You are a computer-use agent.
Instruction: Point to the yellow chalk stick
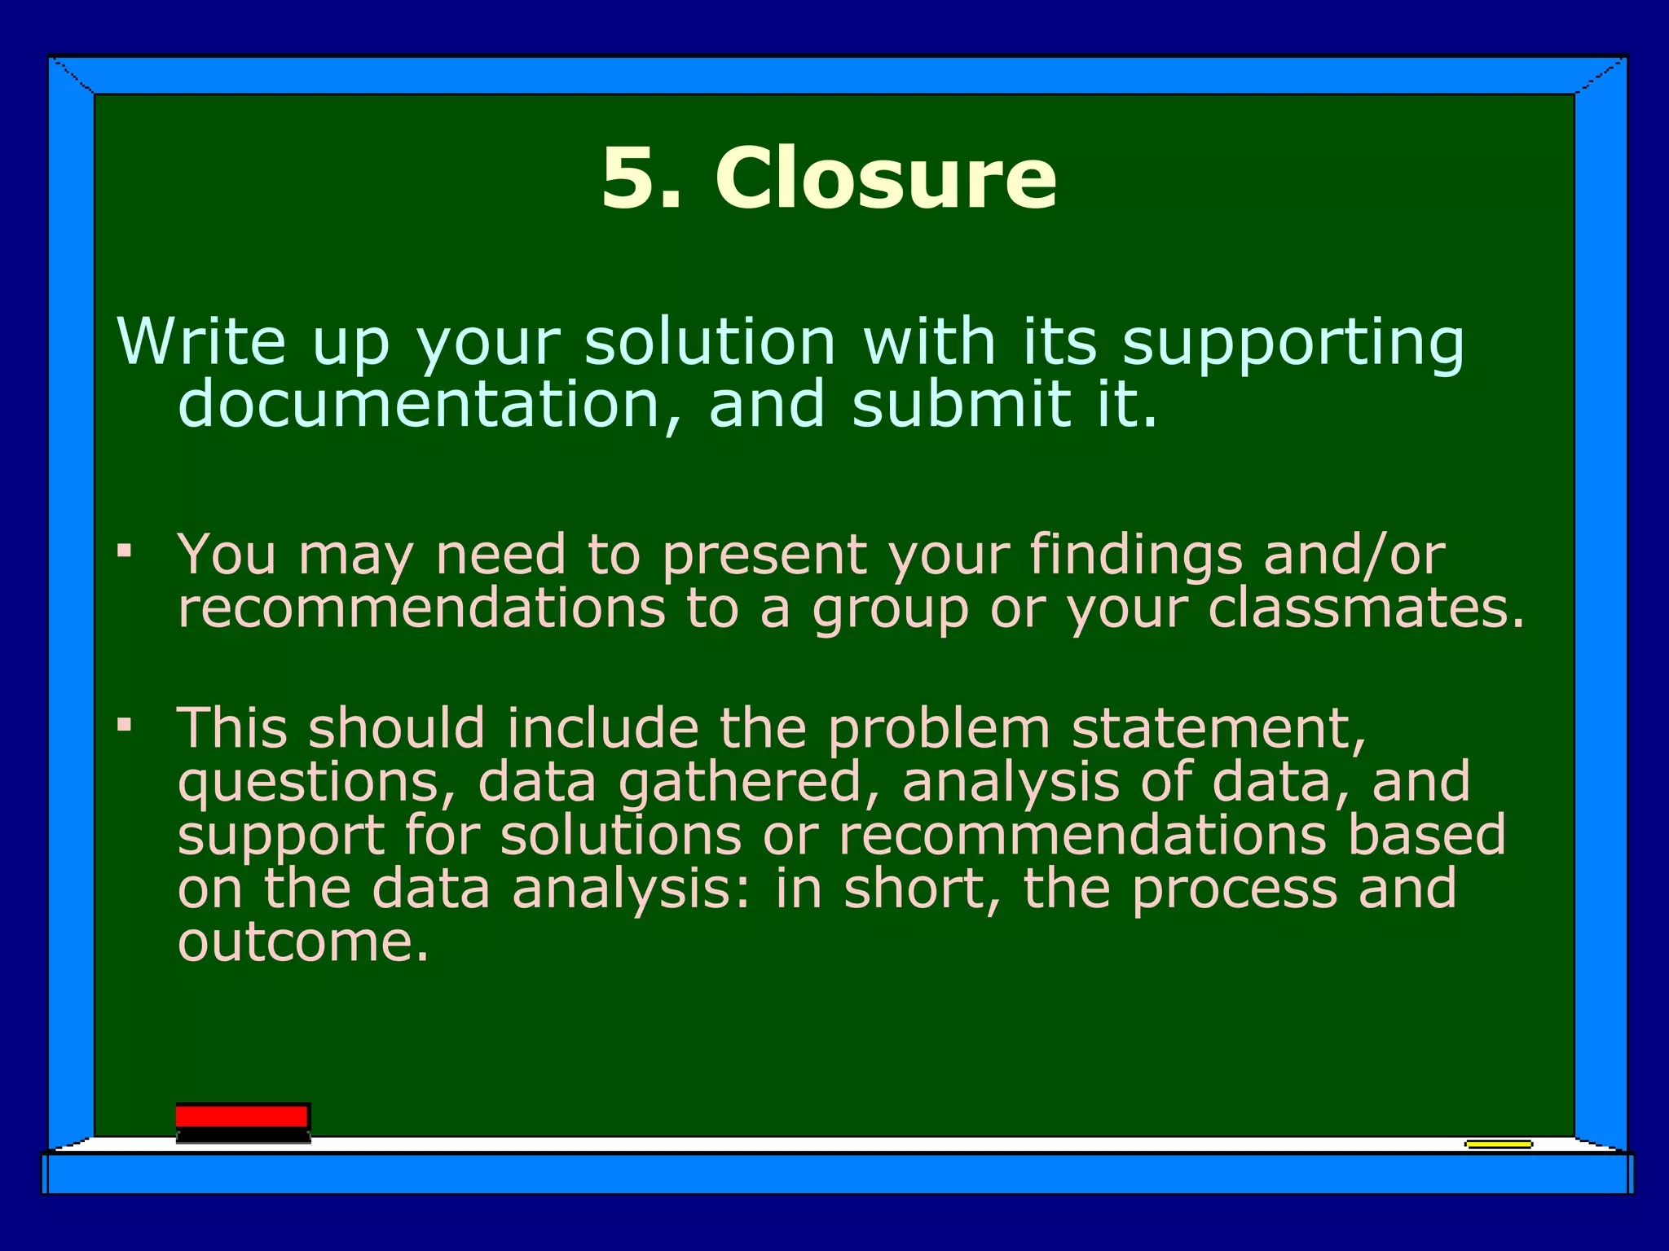point(1498,1144)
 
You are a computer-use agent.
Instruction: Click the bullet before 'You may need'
point(124,552)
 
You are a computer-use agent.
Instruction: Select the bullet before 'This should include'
point(124,724)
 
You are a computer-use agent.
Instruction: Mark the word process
point(1234,889)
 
